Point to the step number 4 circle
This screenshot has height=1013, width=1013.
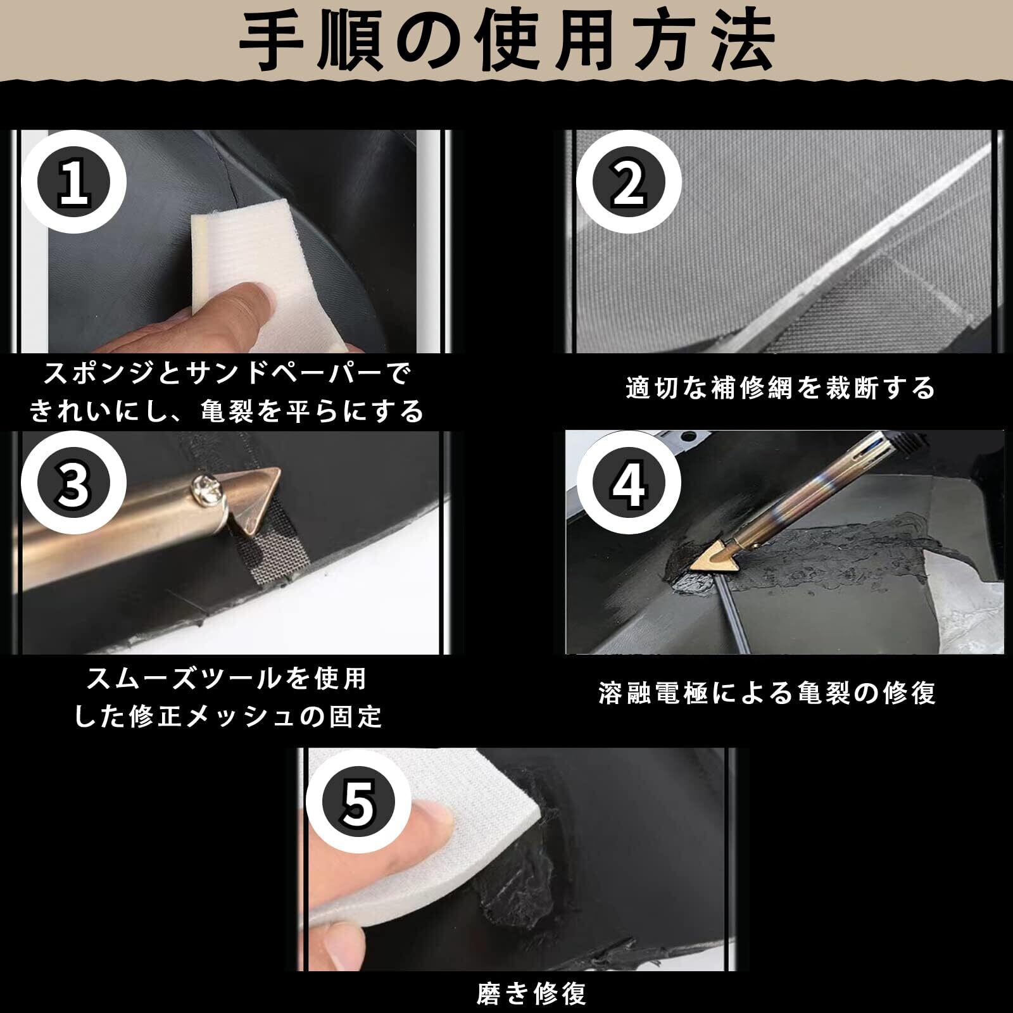[629, 484]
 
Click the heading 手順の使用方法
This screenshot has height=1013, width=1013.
[507, 42]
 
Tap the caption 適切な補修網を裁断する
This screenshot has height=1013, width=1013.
[780, 387]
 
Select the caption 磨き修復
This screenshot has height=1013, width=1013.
[531, 993]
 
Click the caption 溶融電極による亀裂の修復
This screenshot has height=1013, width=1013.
[767, 693]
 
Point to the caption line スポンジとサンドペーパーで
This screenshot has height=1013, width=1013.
[227, 374]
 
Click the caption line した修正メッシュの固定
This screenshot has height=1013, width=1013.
[229, 716]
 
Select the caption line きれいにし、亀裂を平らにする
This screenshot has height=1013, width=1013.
[227, 412]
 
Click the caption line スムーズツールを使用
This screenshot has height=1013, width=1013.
[227, 679]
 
